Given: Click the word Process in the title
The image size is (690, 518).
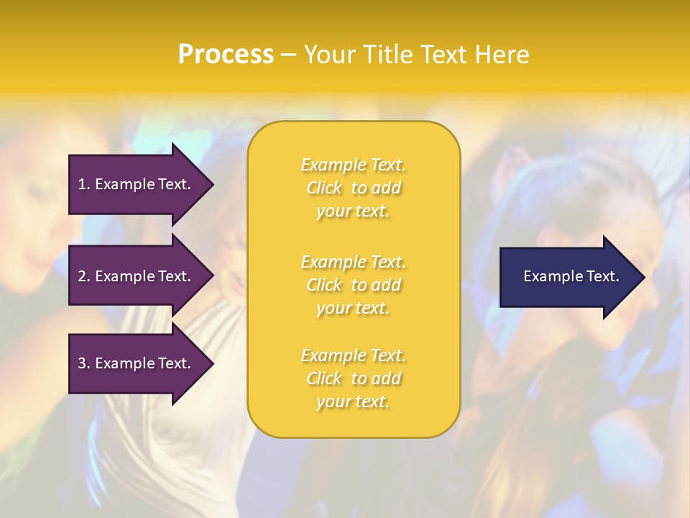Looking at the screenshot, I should pyautogui.click(x=226, y=55).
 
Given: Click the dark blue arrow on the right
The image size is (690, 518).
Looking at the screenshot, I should pyautogui.click(x=568, y=277).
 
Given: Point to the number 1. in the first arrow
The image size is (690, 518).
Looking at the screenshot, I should pyautogui.click(x=84, y=184).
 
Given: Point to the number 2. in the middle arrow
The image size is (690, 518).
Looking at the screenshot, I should pyautogui.click(x=84, y=276).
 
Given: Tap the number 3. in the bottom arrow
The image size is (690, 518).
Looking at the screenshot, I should pyautogui.click(x=84, y=363).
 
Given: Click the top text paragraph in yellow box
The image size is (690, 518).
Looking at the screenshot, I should pyautogui.click(x=353, y=188).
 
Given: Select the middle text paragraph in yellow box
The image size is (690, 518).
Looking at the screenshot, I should pyautogui.click(x=353, y=285).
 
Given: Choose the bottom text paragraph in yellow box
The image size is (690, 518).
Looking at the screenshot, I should pyautogui.click(x=353, y=378).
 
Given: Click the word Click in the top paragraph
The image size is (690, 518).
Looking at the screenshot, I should pyautogui.click(x=324, y=188).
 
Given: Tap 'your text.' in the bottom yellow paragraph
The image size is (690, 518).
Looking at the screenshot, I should pyautogui.click(x=353, y=401).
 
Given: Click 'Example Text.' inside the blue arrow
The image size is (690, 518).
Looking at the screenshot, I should pyautogui.click(x=571, y=276).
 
